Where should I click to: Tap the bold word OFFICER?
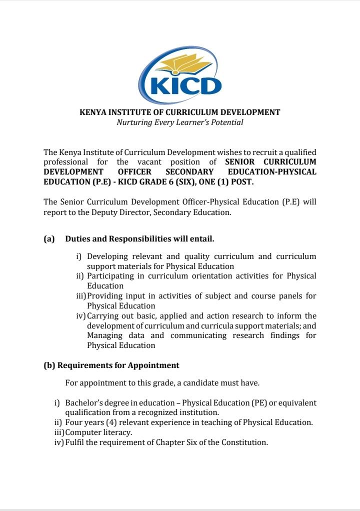[130, 172]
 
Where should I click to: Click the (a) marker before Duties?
[49, 239]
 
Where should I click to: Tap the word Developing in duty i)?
[108, 256]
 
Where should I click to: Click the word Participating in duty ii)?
[110, 276]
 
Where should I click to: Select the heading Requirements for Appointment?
[118, 365]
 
